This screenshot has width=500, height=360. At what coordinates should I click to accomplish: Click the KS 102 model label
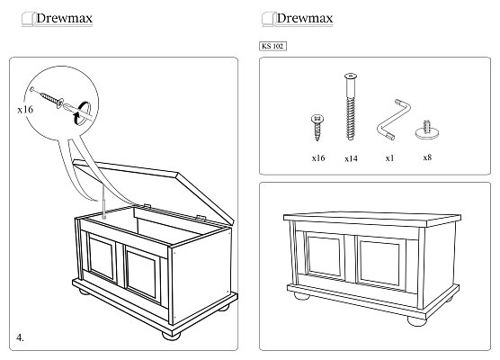273,46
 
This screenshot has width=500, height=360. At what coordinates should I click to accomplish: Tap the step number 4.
20,337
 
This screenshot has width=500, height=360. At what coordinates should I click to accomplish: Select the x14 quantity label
351,158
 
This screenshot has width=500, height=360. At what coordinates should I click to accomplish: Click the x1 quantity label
389,158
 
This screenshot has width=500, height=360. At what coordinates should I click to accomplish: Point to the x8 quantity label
427,157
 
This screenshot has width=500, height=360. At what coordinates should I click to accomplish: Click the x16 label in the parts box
318,158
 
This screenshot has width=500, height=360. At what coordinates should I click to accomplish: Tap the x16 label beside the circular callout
25,110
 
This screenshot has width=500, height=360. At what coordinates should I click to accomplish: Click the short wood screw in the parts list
317,127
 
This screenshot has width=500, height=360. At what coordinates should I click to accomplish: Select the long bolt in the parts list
351,106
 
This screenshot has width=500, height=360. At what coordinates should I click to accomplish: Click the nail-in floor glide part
427,130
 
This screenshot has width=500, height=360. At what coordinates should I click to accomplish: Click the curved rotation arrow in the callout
80,112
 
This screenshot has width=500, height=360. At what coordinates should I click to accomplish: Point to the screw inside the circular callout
47,96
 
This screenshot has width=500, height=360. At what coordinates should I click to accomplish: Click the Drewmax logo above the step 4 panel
58,19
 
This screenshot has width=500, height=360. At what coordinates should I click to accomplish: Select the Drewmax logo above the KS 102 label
298,19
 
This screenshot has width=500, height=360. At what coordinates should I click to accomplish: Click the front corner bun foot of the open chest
171,336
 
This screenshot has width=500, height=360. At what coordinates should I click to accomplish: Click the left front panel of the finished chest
325,256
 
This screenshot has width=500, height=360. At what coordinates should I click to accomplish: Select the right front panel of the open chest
142,274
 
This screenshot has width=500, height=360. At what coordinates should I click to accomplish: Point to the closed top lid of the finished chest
372,219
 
